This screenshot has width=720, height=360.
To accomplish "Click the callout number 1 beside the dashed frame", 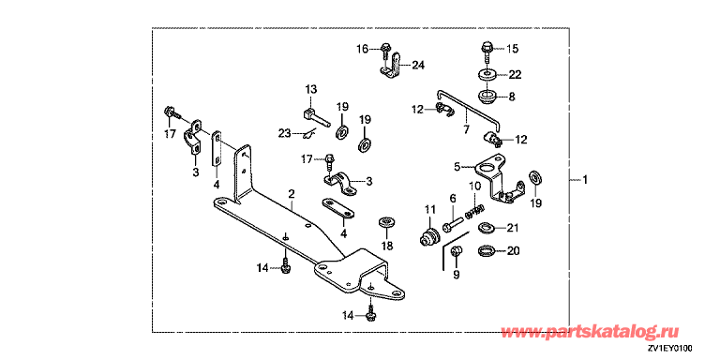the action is click(585, 180).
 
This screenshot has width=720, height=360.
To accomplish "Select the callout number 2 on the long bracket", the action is click(292, 196).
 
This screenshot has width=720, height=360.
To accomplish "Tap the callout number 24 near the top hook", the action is click(418, 66).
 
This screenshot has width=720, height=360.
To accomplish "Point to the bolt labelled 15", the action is click(487, 52).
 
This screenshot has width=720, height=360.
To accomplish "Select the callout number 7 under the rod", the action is click(466, 130).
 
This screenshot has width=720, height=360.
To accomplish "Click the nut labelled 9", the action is click(456, 251).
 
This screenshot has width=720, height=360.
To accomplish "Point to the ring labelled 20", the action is click(487, 251).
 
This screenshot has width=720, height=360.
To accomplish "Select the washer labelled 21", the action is click(487, 227).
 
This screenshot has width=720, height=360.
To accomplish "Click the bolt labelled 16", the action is click(385, 52).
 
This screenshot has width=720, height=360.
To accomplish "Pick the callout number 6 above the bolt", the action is click(453, 198).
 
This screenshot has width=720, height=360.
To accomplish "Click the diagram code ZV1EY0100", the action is click(670, 349).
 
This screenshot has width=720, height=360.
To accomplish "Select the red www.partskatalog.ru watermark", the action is click(590, 331).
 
